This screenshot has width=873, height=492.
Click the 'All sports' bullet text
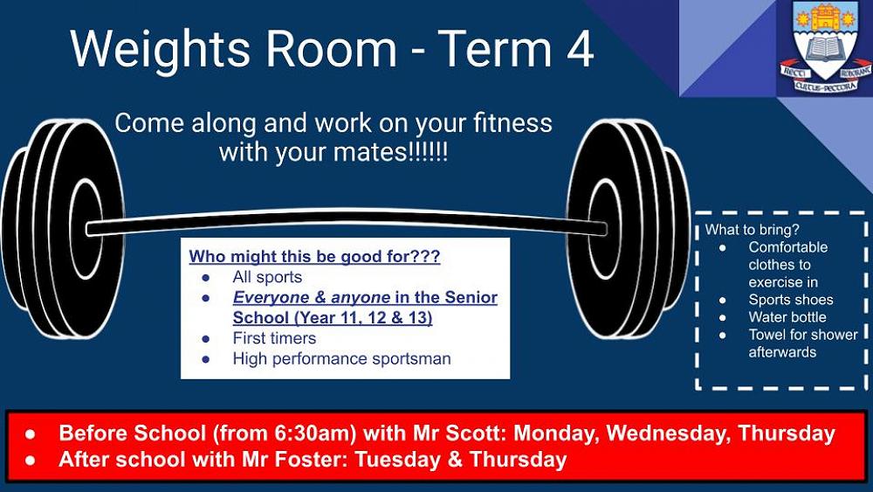tap(267, 278)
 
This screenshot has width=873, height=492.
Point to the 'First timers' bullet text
tap(274, 338)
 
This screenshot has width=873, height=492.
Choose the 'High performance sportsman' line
tap(341, 358)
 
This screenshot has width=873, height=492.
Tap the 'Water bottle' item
tap(787, 317)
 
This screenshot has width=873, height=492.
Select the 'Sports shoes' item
tap(790, 300)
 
